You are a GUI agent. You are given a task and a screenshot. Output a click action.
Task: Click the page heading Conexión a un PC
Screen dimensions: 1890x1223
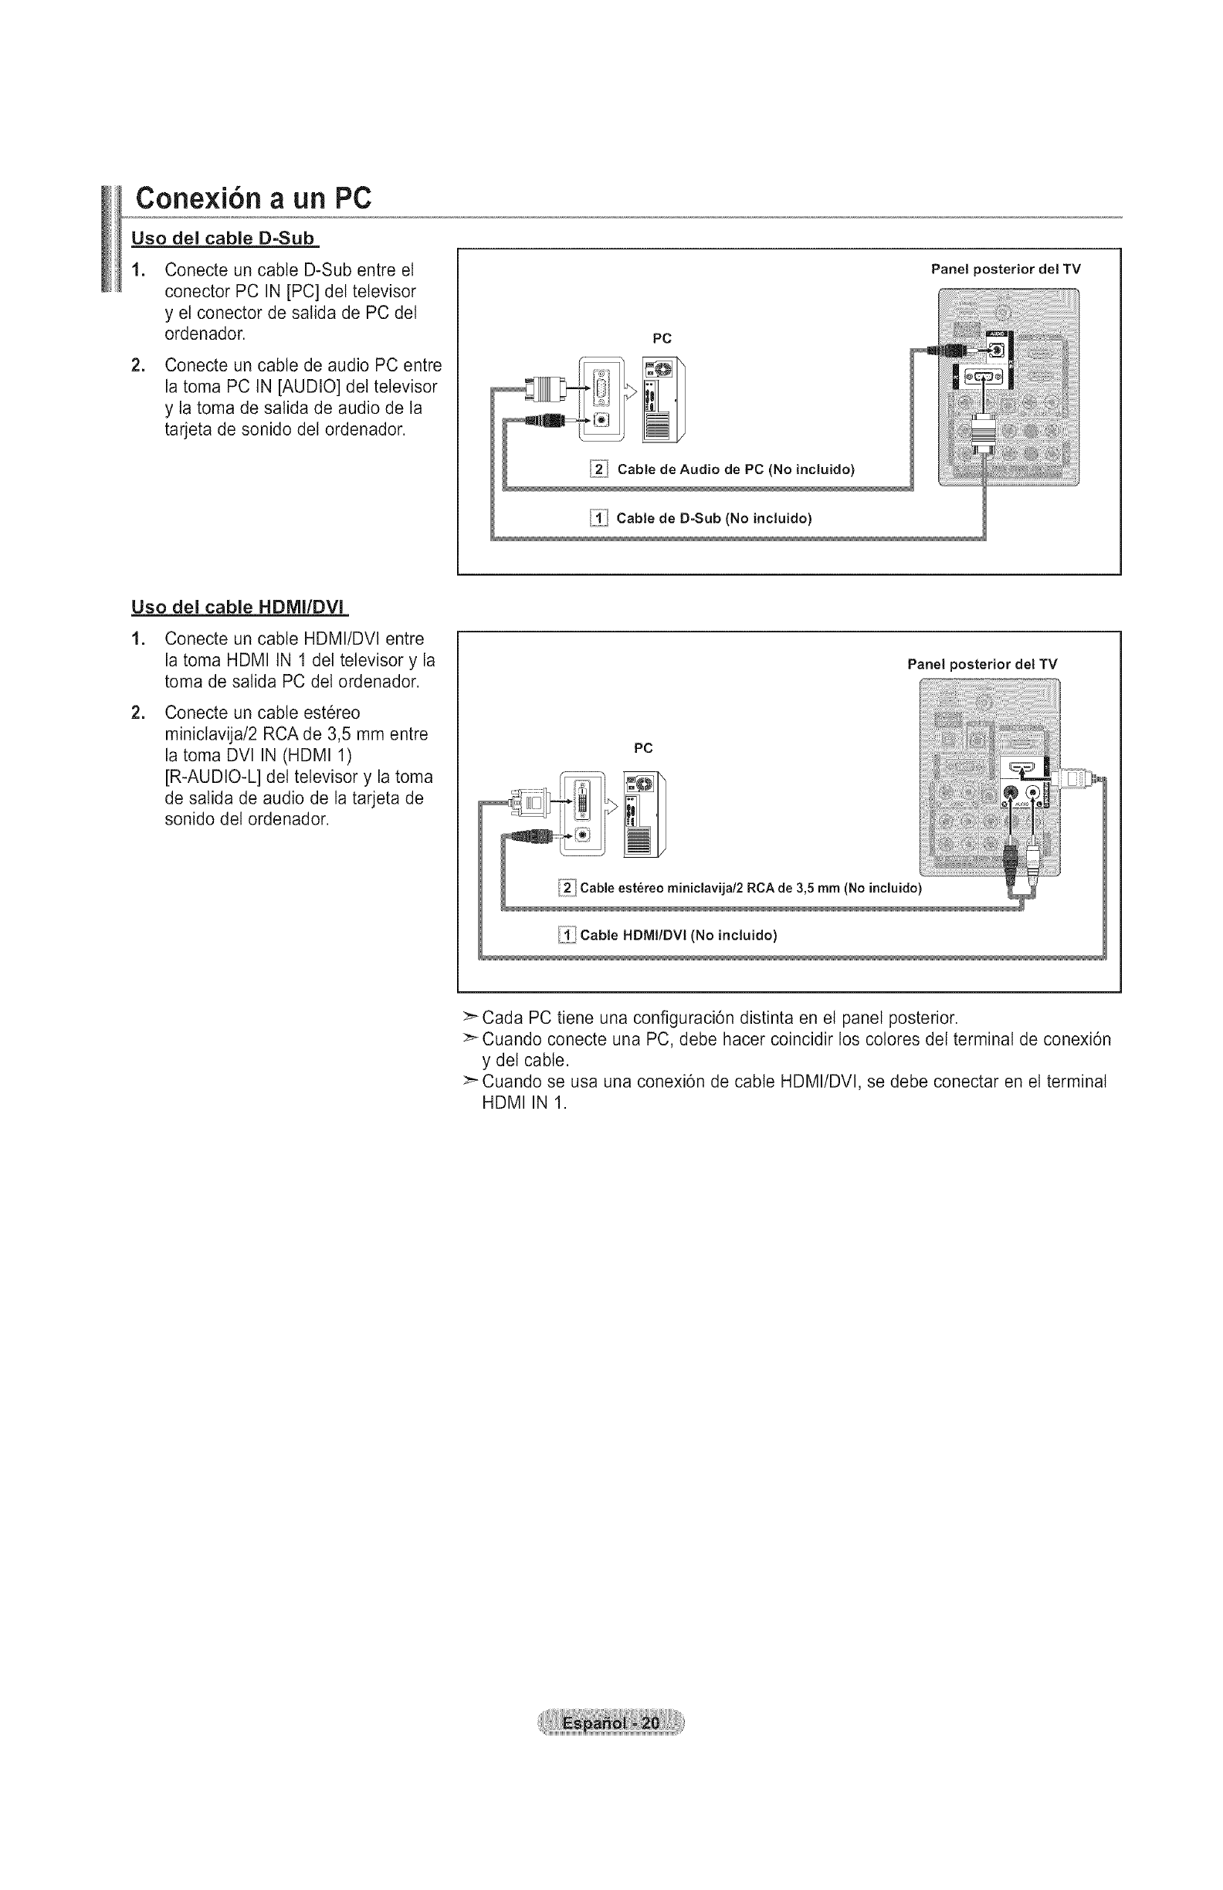click(253, 198)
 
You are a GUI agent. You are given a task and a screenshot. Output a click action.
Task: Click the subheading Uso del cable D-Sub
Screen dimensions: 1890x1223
click(223, 239)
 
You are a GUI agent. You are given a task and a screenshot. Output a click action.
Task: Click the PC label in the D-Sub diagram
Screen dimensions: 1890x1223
click(662, 338)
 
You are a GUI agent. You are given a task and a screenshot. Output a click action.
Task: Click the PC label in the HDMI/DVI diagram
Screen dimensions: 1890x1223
click(643, 748)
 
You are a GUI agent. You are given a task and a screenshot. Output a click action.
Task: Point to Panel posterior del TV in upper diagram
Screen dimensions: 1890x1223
click(1005, 269)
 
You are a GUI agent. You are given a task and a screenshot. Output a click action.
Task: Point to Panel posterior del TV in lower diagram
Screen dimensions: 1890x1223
click(982, 664)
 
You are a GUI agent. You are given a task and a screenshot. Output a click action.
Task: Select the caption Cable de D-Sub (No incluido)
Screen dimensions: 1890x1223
click(714, 520)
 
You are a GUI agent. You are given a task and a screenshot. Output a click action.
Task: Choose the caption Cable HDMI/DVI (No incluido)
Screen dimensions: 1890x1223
click(678, 935)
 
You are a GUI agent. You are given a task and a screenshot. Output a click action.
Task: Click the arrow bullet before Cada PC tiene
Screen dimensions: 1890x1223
click(471, 1018)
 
